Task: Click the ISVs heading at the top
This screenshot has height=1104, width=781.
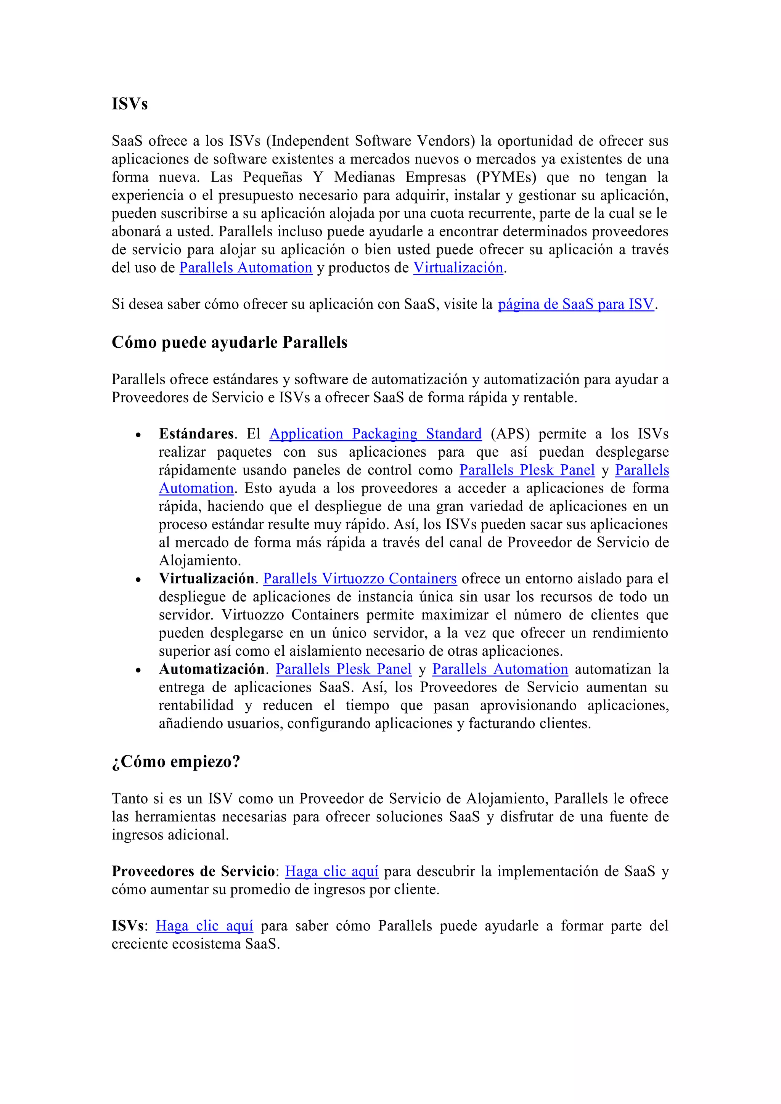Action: [x=129, y=104]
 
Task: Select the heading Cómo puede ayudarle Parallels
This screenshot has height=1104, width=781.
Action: [x=230, y=342]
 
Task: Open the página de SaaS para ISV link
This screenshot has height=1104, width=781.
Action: [x=576, y=304]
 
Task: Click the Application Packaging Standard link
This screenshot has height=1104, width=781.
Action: [x=375, y=434]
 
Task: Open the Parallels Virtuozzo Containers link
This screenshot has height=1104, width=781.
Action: [x=360, y=579]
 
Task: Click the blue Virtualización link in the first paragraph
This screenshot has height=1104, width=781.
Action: [x=458, y=268]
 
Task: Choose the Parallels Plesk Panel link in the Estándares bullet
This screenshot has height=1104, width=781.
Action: [x=527, y=470]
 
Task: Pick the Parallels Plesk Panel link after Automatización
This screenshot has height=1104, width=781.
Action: [x=343, y=669]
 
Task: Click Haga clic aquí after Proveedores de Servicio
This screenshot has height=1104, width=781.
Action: [x=331, y=871]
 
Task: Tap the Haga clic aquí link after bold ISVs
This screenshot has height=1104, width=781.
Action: [x=204, y=926]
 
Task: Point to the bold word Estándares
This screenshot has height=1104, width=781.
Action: [x=196, y=434]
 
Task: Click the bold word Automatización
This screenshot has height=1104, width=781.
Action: [x=212, y=669]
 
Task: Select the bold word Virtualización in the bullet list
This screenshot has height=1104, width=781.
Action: [x=206, y=579]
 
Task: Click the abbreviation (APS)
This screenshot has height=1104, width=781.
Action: [x=510, y=434]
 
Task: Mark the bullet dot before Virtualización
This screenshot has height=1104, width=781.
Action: [x=138, y=580]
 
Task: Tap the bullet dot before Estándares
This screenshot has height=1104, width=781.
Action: [x=138, y=435]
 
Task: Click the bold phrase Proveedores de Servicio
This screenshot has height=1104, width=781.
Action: [x=193, y=871]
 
